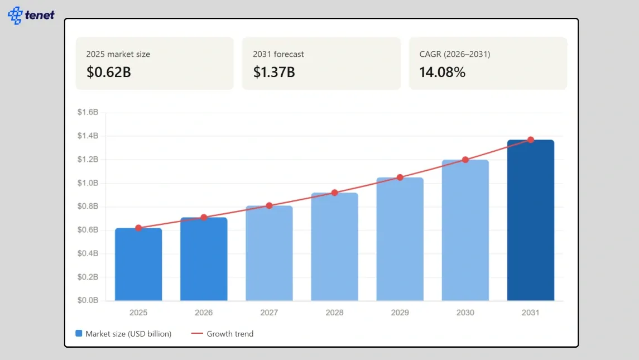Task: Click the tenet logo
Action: click(31, 15)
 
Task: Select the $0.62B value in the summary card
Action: click(108, 72)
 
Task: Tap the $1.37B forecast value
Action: click(274, 72)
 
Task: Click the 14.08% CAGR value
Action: click(442, 72)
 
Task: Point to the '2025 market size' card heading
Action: click(118, 54)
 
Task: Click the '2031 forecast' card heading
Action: click(278, 54)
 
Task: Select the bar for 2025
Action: click(138, 265)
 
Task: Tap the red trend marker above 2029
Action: click(400, 177)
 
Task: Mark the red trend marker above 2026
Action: click(204, 217)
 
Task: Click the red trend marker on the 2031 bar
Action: click(530, 140)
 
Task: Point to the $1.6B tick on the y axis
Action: click(88, 112)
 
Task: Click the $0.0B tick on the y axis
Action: click(88, 300)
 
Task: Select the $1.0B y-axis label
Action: click(88, 183)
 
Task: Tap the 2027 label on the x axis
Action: click(269, 313)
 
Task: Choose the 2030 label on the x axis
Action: click(465, 313)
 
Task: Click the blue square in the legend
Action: click(79, 334)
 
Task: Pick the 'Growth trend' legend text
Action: click(230, 334)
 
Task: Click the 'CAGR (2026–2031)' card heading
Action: click(455, 54)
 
